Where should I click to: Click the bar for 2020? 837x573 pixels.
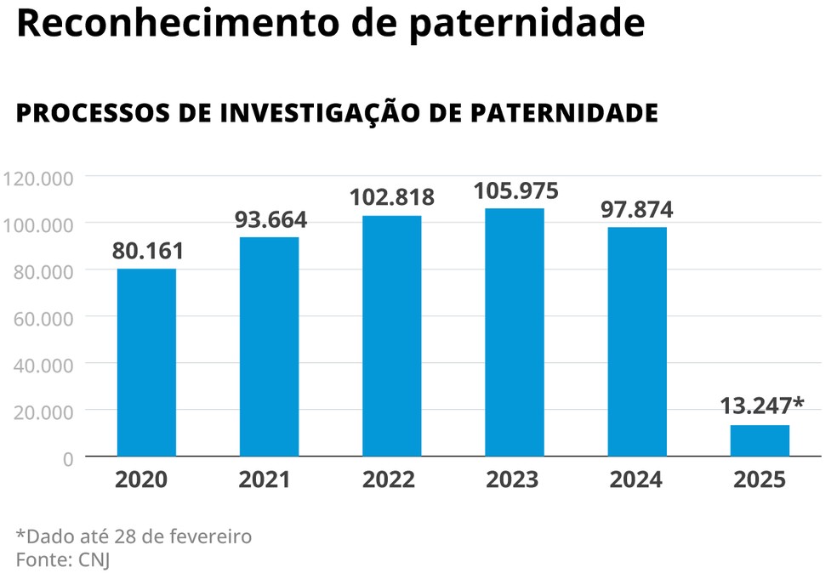pyautogui.click(x=146, y=362)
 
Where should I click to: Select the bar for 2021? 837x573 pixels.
pyautogui.click(x=269, y=346)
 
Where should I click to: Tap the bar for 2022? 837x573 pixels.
pyautogui.click(x=391, y=336)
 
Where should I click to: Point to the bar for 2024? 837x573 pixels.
pyautogui.click(x=637, y=341)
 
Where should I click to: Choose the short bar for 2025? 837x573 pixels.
pyautogui.click(x=760, y=440)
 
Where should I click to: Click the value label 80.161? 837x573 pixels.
pyautogui.click(x=147, y=252)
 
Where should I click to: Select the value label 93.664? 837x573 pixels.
pyautogui.click(x=269, y=219)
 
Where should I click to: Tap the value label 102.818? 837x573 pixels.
pyautogui.click(x=391, y=197)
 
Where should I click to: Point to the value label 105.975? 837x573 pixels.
pyautogui.click(x=515, y=190)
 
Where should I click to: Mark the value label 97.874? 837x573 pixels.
pyautogui.click(x=637, y=209)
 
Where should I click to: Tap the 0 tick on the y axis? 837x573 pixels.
pyautogui.click(x=68, y=458)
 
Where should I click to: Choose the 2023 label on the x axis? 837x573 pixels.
pyautogui.click(x=512, y=480)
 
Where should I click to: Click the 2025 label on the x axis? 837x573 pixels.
pyautogui.click(x=760, y=480)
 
